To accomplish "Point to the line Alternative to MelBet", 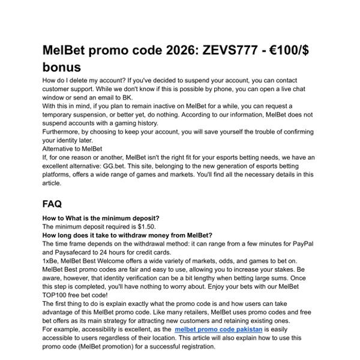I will pyautogui.click(x=72, y=148).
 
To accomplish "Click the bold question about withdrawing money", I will pyautogui.click(x=127, y=235).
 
